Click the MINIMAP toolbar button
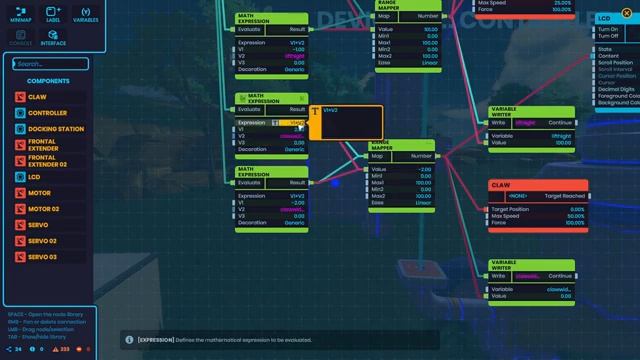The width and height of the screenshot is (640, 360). [x=21, y=15]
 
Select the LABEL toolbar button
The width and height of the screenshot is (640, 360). [x=53, y=15]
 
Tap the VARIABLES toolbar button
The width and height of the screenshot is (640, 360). [x=86, y=15]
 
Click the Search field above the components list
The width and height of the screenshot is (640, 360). [x=50, y=64]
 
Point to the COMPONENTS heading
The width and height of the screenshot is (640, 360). [x=48, y=81]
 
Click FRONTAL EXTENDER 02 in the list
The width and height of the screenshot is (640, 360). [x=50, y=161]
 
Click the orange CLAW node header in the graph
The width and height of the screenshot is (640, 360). [x=538, y=186]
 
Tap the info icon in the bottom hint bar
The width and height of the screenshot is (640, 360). [x=129, y=340]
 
